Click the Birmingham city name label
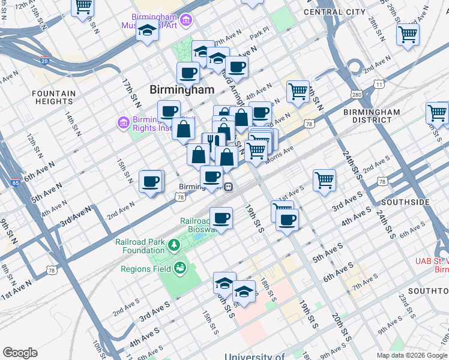(x=181, y=89)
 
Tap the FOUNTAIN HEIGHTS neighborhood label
(x=54, y=98)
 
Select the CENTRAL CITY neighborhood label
(x=334, y=11)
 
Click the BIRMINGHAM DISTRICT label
(x=372, y=116)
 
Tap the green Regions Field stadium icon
(x=179, y=269)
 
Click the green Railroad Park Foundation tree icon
(x=173, y=244)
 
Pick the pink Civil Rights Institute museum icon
(x=124, y=123)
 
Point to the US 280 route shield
(x=357, y=95)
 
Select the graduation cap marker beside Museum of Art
(x=146, y=30)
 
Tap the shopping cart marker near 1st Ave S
(x=324, y=179)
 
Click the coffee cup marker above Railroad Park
(x=221, y=217)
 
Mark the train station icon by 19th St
(x=229, y=187)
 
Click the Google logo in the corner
(x=20, y=353)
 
